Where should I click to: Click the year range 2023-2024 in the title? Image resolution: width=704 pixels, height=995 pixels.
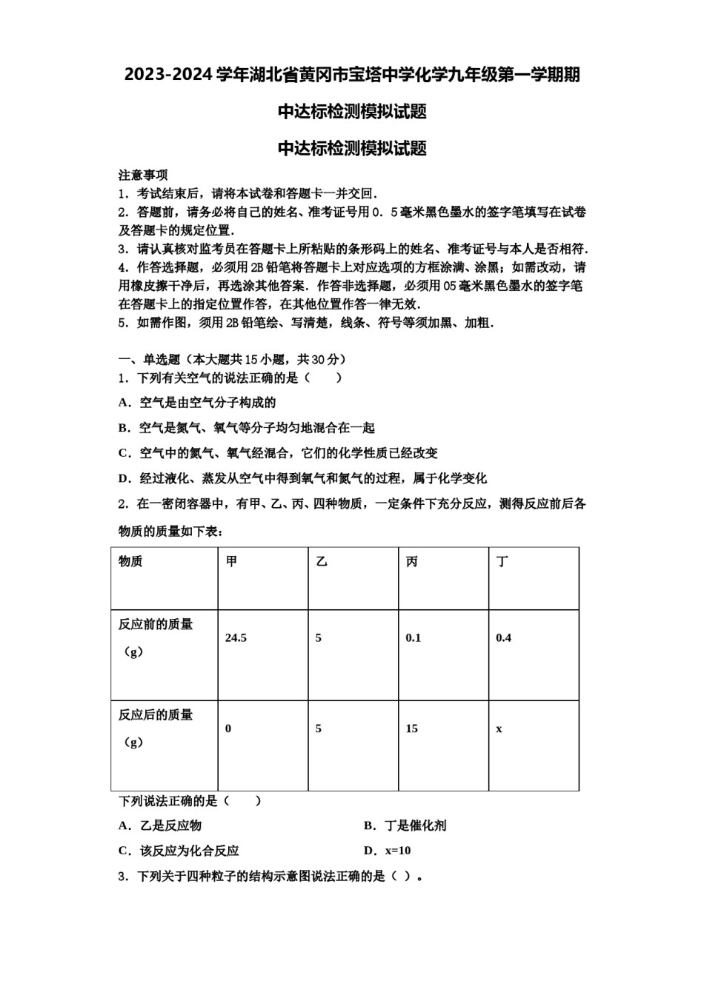(168, 75)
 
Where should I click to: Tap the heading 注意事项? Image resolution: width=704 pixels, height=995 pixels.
(143, 175)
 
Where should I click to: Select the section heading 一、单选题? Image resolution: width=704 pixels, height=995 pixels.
(150, 360)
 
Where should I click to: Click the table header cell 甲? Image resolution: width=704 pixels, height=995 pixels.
(232, 562)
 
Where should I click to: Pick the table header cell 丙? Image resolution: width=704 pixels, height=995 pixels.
(412, 562)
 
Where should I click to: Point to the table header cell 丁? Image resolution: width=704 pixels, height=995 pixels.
(502, 562)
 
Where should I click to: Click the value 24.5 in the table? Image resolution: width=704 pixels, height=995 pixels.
(236, 638)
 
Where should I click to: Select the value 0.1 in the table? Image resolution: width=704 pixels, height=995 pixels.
(413, 638)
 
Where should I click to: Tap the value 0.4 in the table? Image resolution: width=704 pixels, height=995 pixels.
(503, 638)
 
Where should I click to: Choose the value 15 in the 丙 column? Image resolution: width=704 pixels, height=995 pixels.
(411, 729)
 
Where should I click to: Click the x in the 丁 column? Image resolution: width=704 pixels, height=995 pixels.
(499, 729)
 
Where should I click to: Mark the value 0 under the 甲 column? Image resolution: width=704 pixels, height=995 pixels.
(228, 729)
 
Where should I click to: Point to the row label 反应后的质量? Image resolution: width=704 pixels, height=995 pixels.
(156, 715)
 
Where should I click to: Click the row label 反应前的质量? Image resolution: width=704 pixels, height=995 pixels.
(156, 625)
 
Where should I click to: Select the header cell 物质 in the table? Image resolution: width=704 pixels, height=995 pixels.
(130, 562)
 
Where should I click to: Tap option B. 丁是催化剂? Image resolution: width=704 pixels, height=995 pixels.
(405, 825)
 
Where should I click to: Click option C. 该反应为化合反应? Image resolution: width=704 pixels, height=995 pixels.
(179, 851)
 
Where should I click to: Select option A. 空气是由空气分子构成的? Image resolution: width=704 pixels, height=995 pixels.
(197, 403)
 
